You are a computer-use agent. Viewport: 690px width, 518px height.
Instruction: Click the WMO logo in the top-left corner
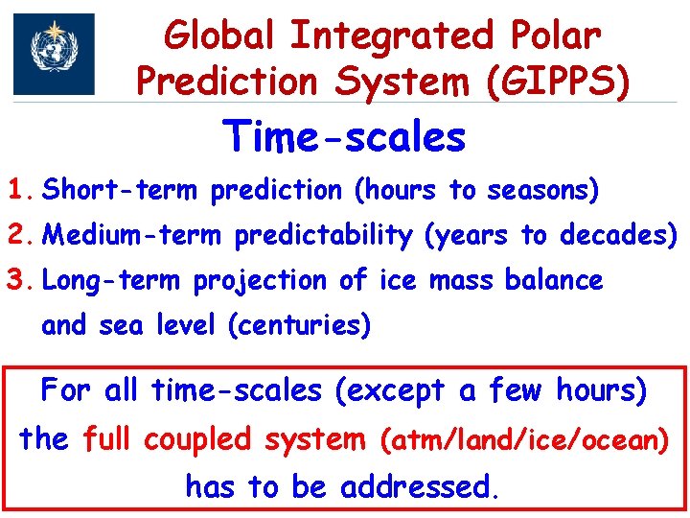click(x=54, y=54)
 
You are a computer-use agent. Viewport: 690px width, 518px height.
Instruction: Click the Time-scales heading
click(x=344, y=137)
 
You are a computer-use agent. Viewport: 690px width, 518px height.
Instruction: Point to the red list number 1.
click(x=21, y=190)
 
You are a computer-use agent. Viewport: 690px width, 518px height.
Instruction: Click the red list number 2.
click(x=21, y=234)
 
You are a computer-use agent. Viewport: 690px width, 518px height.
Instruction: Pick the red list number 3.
click(x=21, y=280)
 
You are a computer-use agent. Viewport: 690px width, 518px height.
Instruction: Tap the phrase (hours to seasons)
click(x=476, y=190)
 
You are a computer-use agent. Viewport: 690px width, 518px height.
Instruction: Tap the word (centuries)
click(x=299, y=326)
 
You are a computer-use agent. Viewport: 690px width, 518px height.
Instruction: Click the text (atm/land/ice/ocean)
click(x=525, y=440)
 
